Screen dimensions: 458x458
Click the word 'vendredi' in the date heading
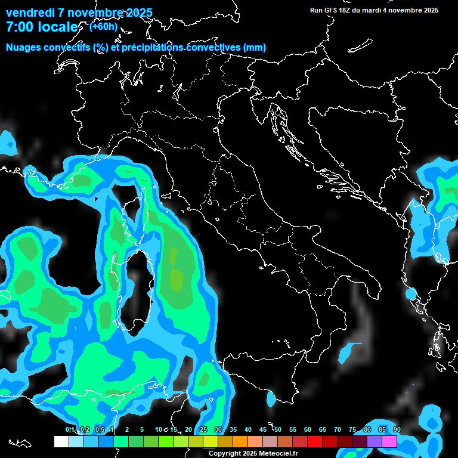30,13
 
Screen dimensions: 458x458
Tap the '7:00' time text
20,27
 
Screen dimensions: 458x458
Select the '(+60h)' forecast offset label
103,26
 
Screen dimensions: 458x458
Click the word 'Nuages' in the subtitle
23,48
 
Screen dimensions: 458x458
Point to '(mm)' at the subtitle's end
255,48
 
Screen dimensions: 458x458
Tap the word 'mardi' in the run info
376,10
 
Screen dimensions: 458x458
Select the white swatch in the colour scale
61,441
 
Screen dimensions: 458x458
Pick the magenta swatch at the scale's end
389,441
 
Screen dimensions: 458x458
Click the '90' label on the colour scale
397,430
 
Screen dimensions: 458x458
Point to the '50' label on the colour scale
278,430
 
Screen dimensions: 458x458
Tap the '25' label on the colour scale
203,430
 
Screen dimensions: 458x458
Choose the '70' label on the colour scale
338,430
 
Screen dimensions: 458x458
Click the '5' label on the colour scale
142,430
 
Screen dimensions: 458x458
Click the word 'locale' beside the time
57,27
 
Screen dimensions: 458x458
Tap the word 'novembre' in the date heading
94,13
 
